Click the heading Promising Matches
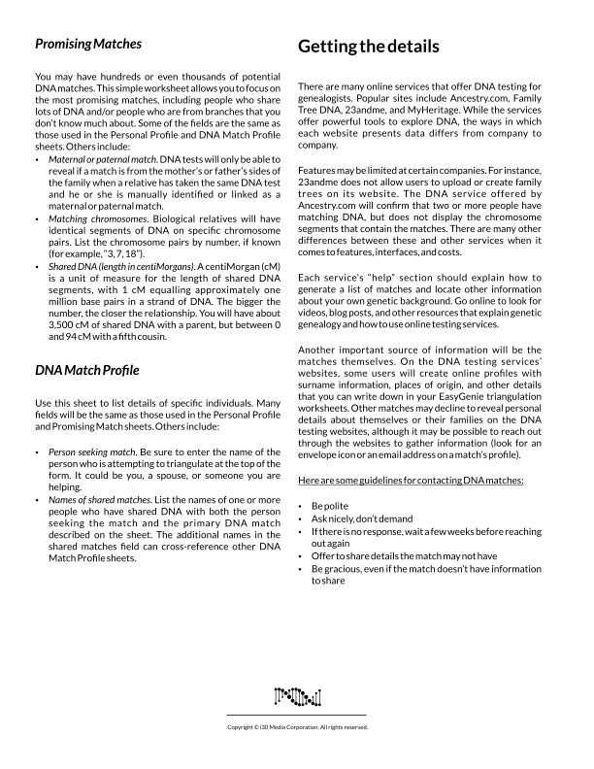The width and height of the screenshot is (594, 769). coord(88,44)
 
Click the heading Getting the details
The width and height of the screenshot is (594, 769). coord(368,46)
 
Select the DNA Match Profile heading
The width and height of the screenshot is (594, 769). coord(87,370)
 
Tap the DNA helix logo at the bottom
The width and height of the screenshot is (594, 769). coord(297,695)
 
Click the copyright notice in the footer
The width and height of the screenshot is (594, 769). coord(297,726)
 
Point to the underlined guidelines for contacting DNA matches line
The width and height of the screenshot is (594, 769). coord(412,481)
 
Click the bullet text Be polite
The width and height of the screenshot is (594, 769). coord(329,507)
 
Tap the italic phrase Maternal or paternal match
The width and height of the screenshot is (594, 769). coord(102,158)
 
